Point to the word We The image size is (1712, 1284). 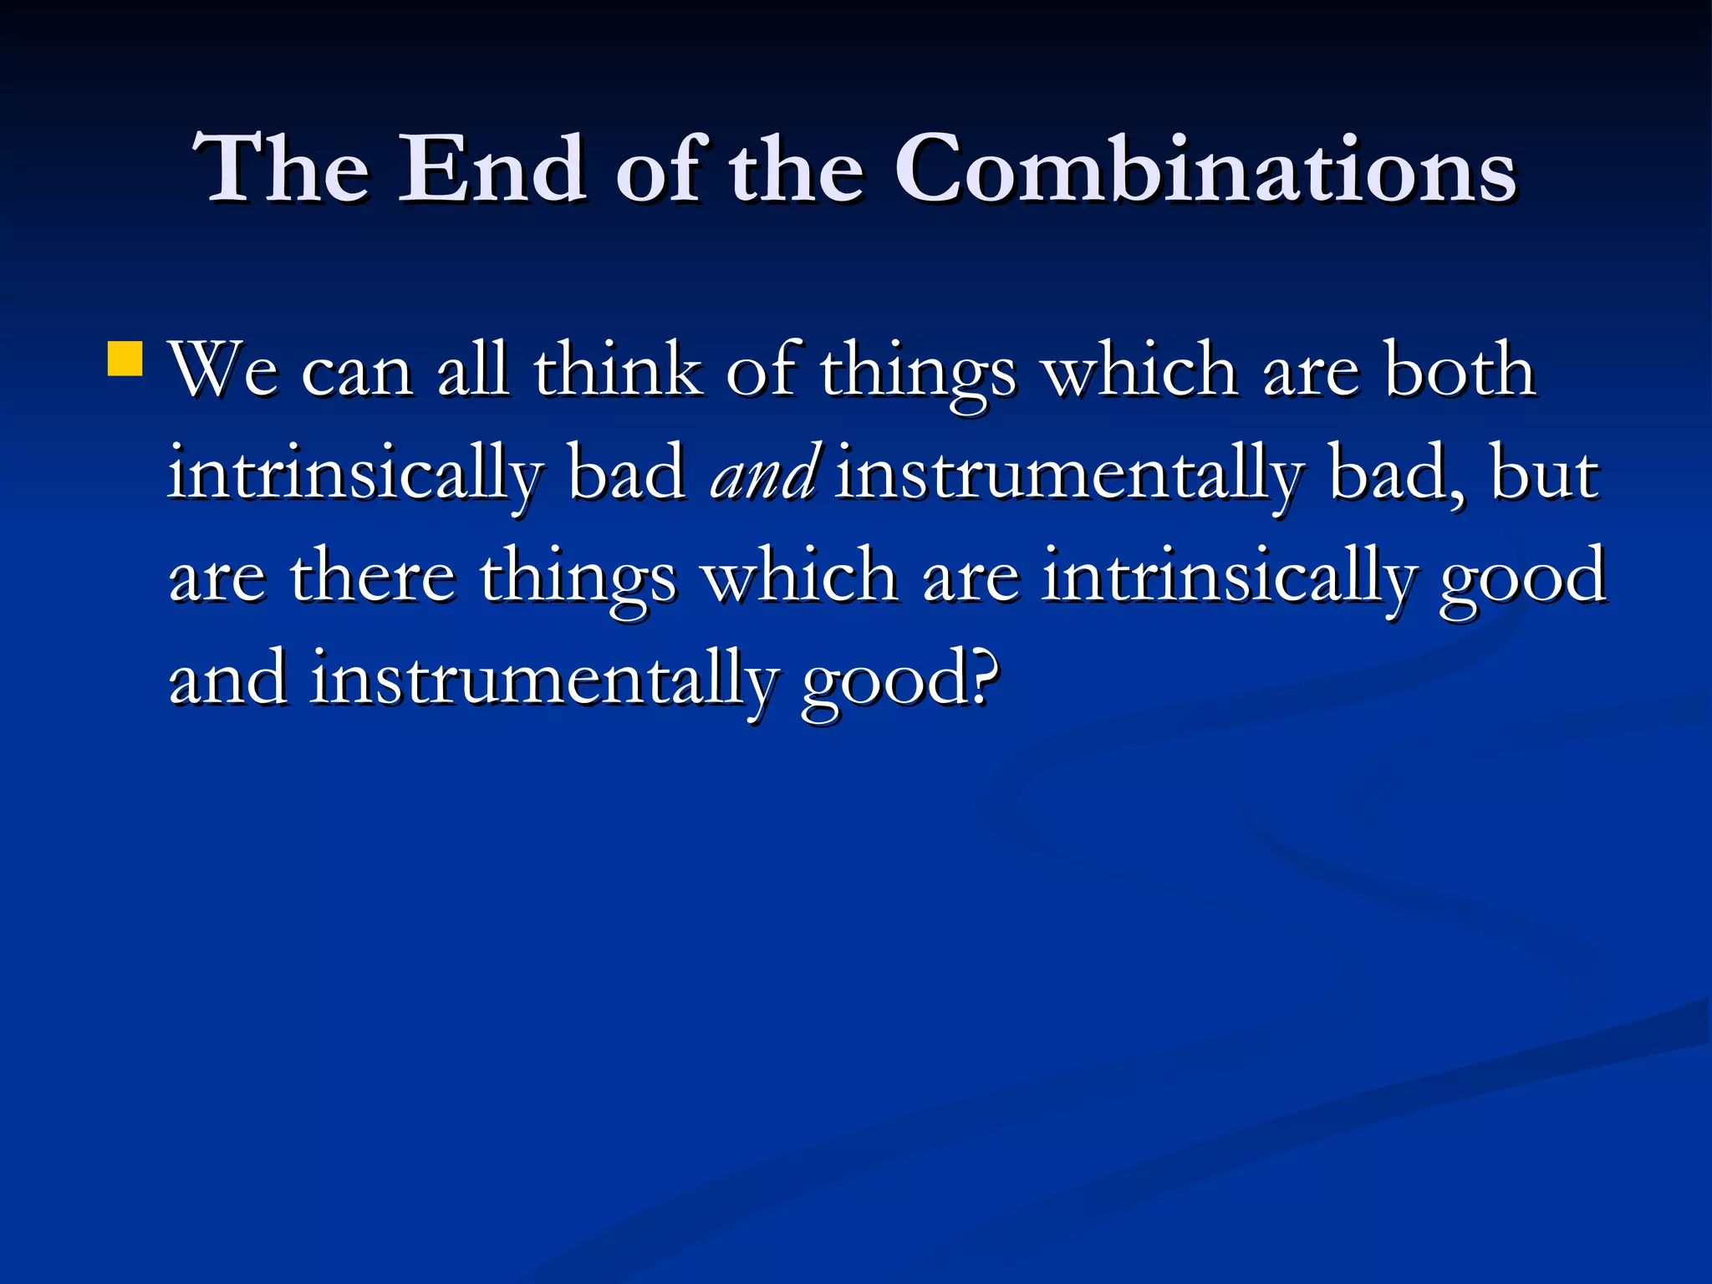coord(223,370)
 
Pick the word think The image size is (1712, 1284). coord(618,370)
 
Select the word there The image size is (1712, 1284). coord(372,577)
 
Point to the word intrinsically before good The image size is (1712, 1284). coord(1229,577)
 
